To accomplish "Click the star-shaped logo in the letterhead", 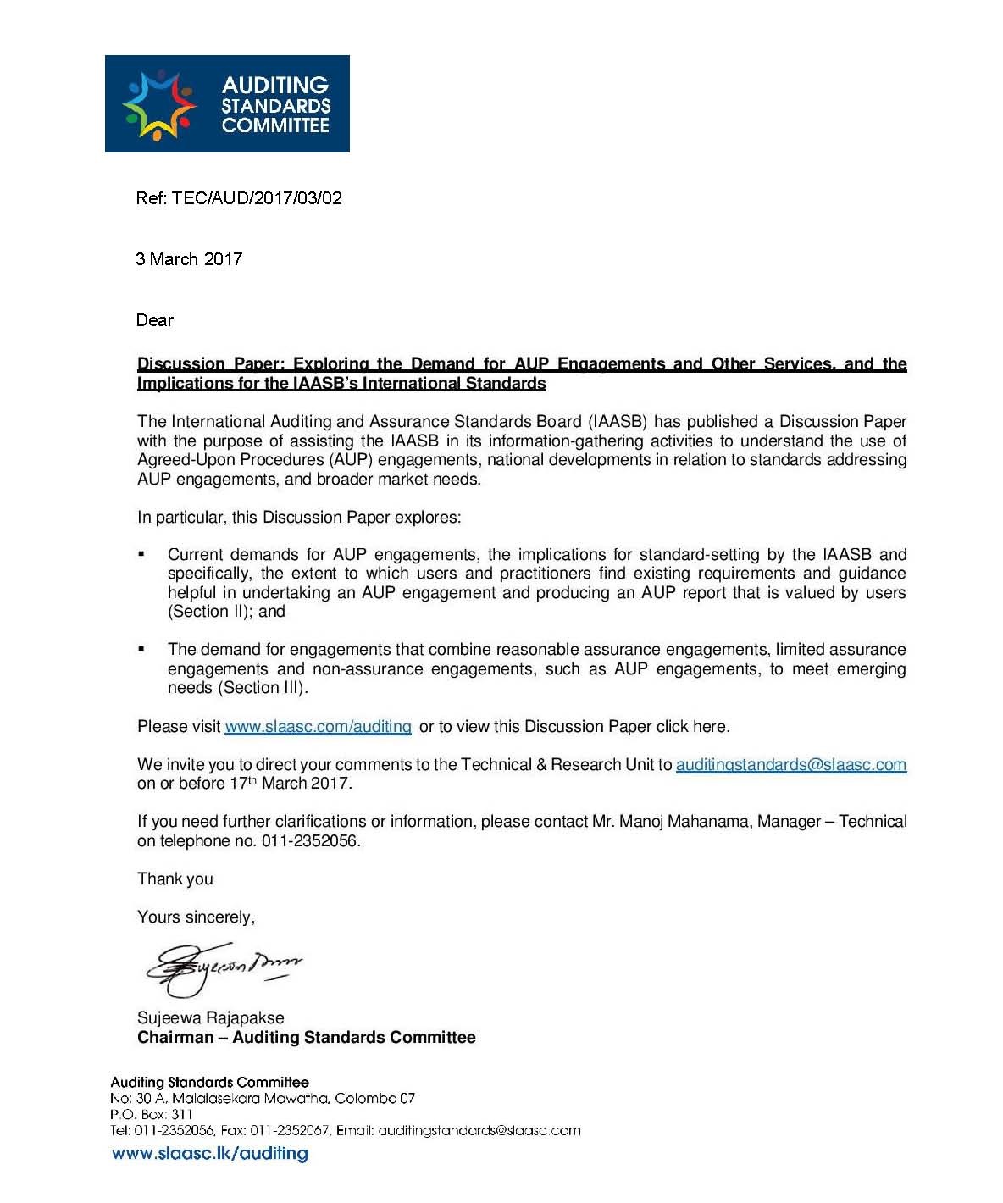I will (160, 105).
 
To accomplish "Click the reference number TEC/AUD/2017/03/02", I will (257, 198).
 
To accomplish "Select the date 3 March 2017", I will (189, 259).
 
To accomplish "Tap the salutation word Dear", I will (155, 320).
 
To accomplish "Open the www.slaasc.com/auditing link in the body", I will (318, 727).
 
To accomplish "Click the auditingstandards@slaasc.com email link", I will (790, 765).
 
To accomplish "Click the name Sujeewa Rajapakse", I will (211, 1018).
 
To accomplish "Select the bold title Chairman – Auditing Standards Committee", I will (307, 1038).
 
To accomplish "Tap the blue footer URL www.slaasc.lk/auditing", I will (210, 1154).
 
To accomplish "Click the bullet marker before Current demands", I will (141, 554).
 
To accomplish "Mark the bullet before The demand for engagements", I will (141, 649).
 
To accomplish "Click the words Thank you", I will (175, 879).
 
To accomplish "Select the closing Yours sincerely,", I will (196, 917).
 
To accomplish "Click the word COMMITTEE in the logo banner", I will (275, 126).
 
